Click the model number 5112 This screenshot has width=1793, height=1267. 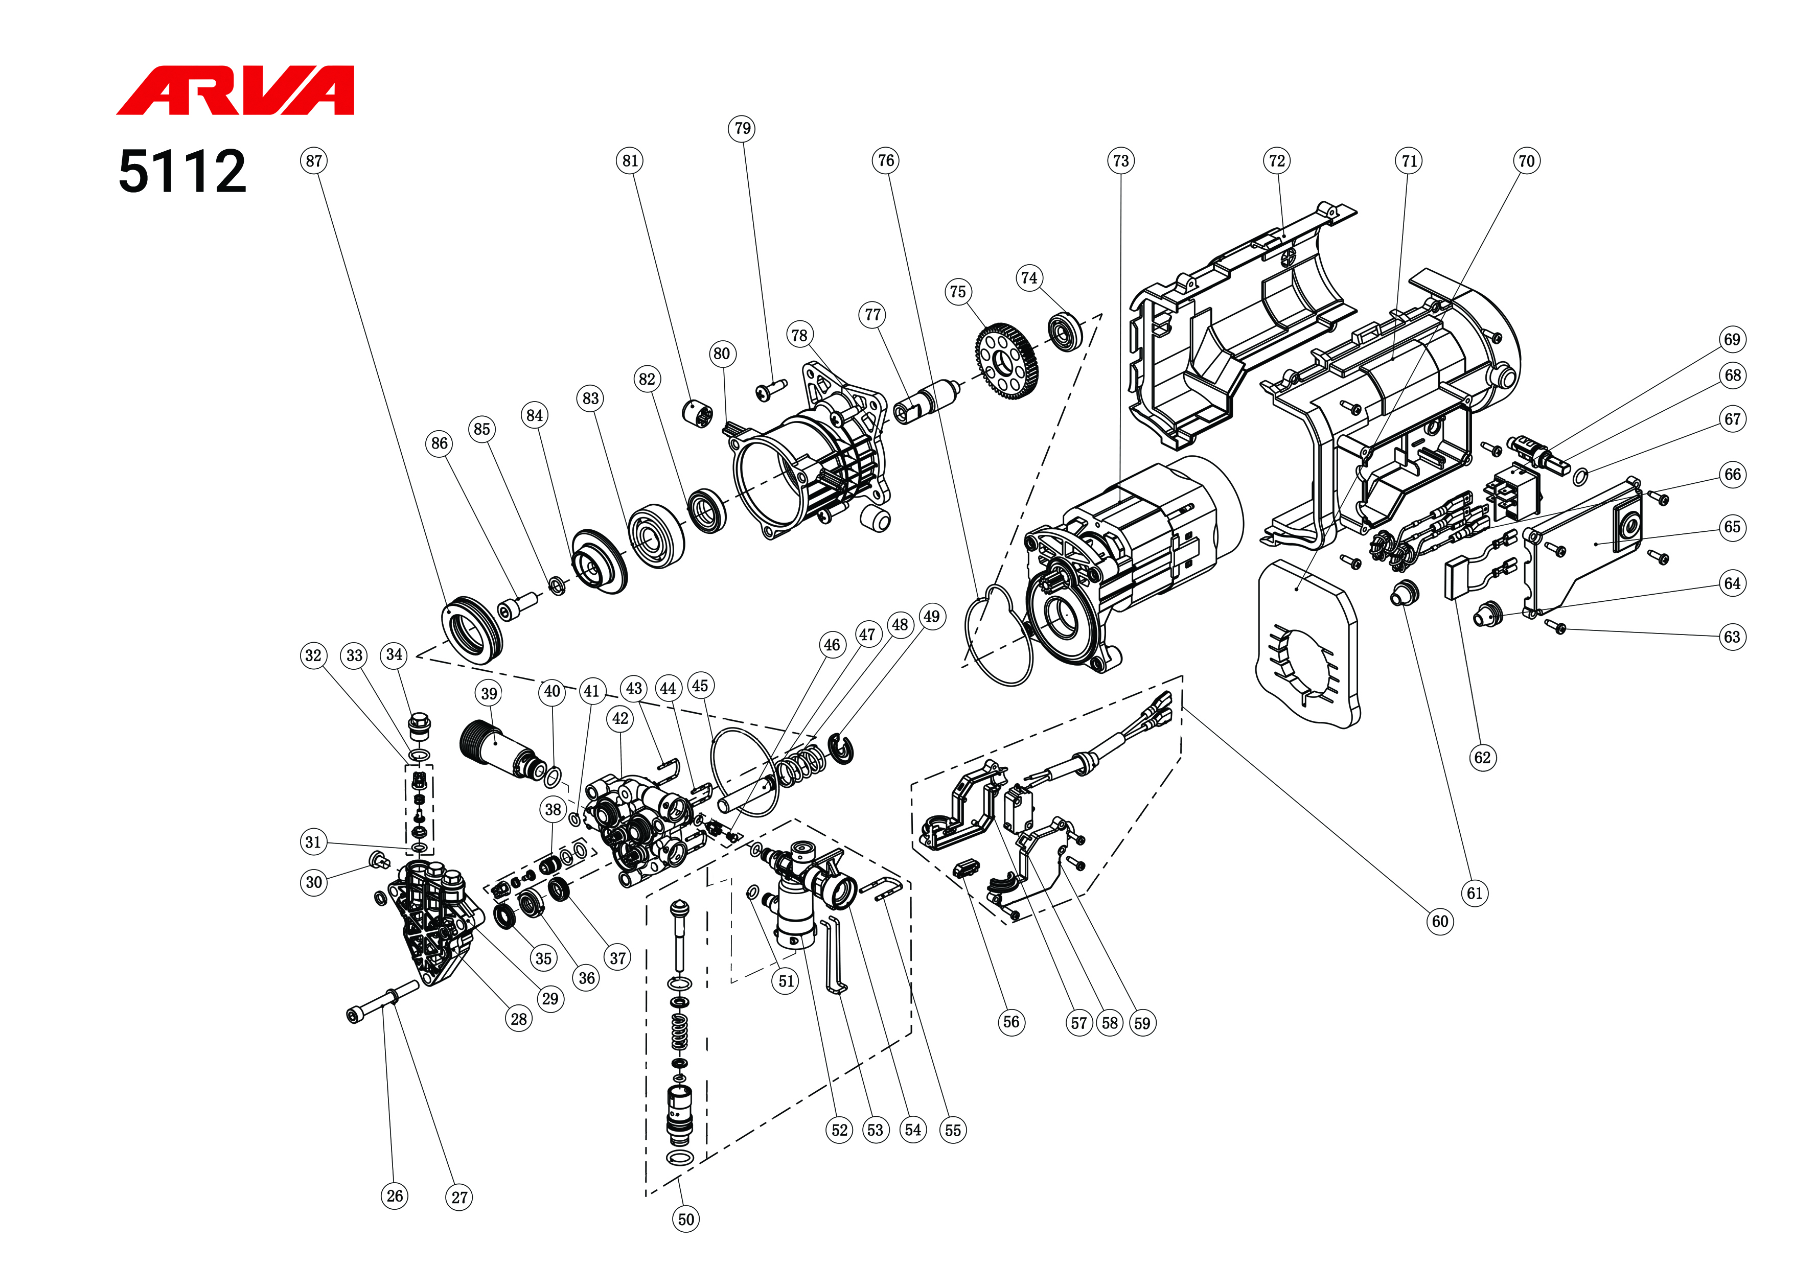coord(182,172)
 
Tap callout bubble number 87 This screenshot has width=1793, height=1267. coord(314,161)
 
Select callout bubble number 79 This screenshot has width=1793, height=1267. coord(743,129)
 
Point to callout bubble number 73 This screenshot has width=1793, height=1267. coord(1120,161)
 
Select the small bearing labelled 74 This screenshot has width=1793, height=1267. coord(1064,331)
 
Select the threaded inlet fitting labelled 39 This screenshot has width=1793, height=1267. coord(500,748)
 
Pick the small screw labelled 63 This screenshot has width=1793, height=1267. coord(1556,627)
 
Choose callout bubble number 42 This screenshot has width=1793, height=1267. coord(620,719)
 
